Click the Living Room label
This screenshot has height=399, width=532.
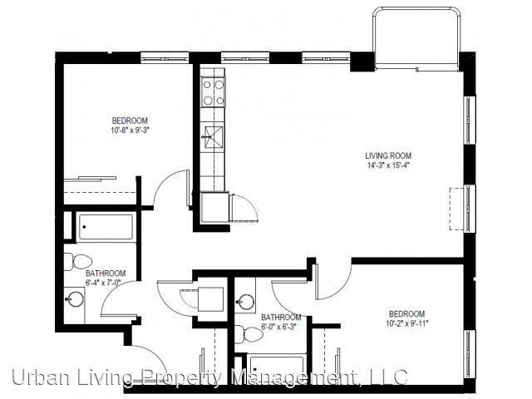[388, 156]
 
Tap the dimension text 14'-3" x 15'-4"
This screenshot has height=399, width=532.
[388, 165]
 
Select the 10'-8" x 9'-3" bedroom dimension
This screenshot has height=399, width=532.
[130, 130]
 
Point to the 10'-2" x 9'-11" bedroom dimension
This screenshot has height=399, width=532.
[407, 323]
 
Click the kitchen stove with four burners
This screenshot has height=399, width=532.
[213, 91]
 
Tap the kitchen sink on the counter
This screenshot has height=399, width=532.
[213, 137]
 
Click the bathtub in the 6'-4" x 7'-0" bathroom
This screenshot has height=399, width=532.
[106, 227]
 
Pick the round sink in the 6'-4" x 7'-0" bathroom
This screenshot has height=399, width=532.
[75, 298]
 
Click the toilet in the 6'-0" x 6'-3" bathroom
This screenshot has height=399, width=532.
[249, 334]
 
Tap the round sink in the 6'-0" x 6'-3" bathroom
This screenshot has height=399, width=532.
[246, 301]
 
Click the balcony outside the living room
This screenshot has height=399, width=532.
[416, 38]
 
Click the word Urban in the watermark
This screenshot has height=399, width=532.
[38, 377]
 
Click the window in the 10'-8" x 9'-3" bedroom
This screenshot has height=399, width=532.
[165, 57]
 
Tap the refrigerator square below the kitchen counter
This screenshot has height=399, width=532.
[214, 208]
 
